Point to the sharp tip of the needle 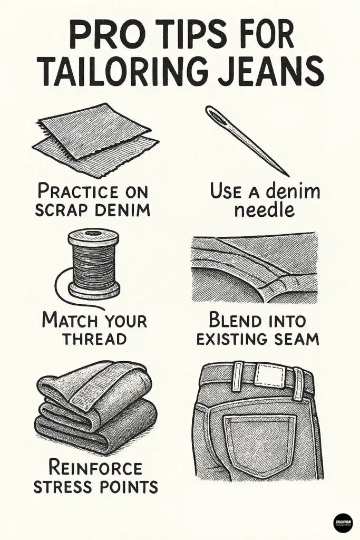click(287, 175)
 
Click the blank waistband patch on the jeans click(269, 376)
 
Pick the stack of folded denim click(95, 409)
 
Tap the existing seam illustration click(254, 268)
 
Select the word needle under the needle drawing click(265, 210)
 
